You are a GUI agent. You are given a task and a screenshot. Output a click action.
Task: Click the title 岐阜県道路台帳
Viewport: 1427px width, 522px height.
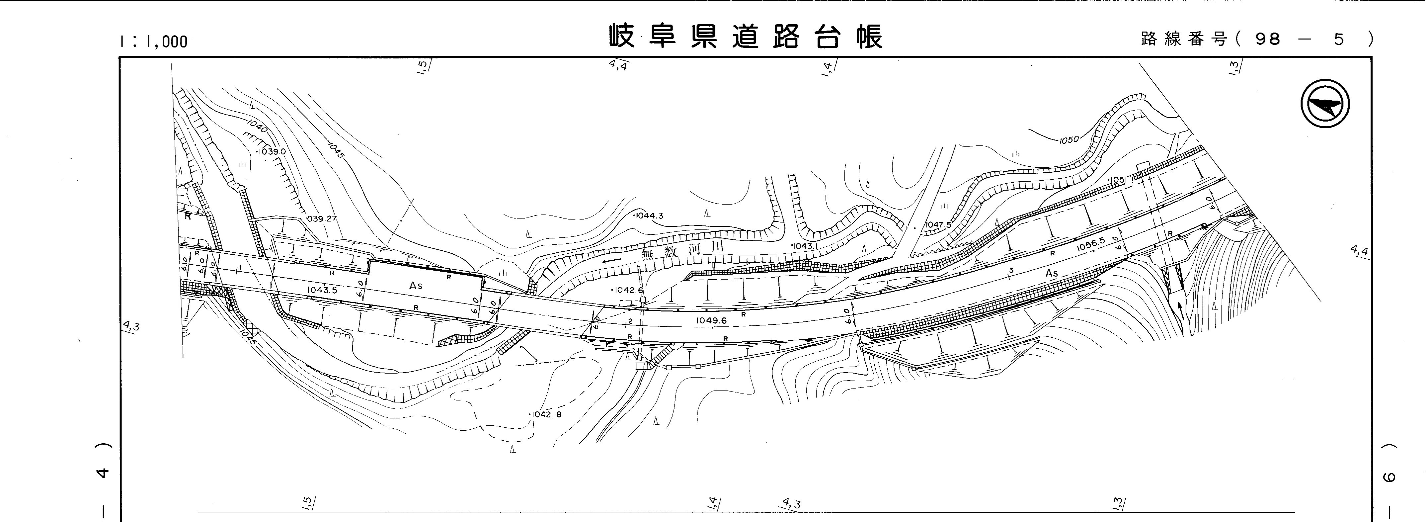coord(746,37)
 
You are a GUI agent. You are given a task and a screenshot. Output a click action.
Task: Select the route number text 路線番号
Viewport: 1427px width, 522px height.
coord(1184,39)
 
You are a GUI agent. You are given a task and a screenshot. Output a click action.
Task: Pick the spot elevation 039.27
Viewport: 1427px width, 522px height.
coord(321,219)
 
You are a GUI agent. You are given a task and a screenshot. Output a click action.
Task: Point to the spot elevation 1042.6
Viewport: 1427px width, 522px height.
coord(628,290)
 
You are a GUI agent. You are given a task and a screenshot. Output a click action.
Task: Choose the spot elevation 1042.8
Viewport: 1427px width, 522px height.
coord(546,414)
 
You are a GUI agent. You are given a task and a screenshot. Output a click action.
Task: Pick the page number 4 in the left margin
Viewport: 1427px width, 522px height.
coord(103,473)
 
